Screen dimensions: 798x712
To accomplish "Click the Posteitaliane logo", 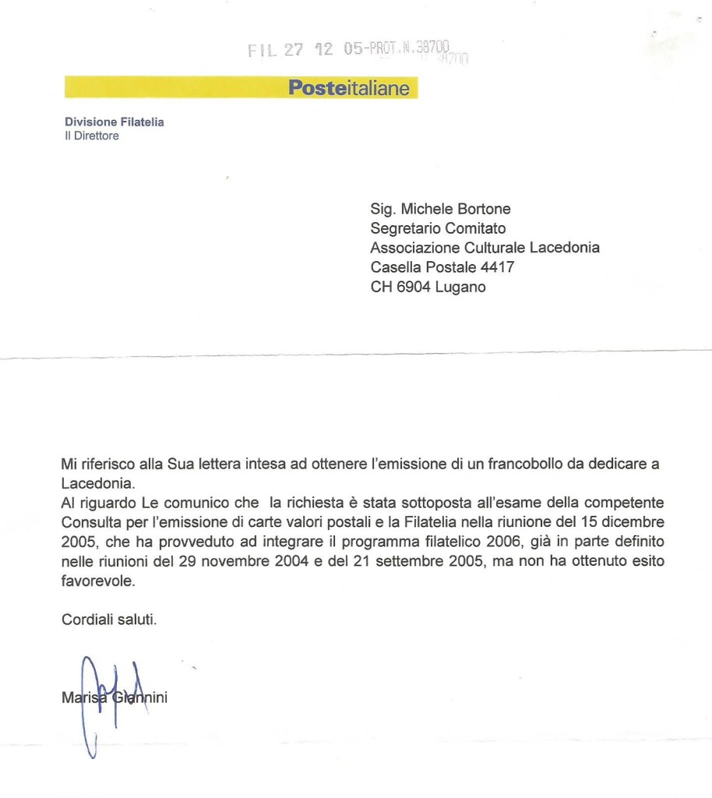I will pyautogui.click(x=348, y=88).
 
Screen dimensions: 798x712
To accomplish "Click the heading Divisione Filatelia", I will pyautogui.click(x=114, y=122).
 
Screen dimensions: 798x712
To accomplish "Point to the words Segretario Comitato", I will pyautogui.click(x=438, y=228).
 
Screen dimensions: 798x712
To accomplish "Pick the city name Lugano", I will pyautogui.click(x=460, y=287).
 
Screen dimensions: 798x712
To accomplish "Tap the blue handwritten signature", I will pyautogui.click(x=105, y=697).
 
